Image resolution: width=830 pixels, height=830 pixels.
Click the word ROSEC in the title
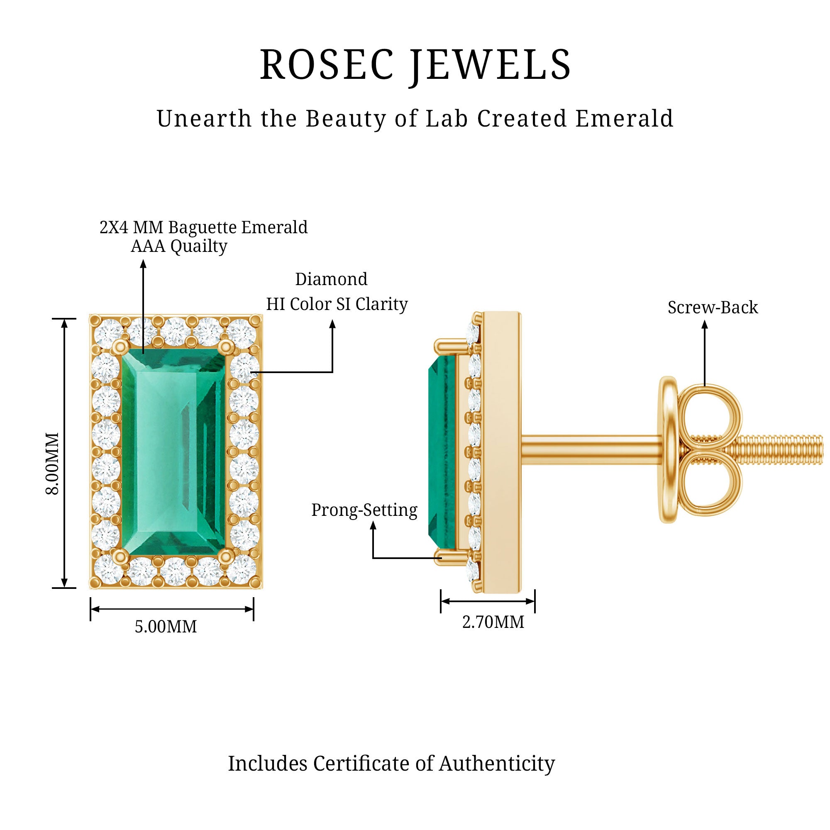pyautogui.click(x=327, y=65)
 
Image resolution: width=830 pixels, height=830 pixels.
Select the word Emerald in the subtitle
pyautogui.click(x=624, y=119)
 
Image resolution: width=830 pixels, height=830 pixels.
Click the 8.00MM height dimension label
pyautogui.click(x=52, y=464)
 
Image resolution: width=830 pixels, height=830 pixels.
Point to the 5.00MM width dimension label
pyautogui.click(x=166, y=627)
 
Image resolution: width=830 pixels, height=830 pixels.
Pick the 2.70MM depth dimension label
pyautogui.click(x=493, y=622)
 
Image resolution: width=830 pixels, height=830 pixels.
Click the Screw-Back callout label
pyautogui.click(x=713, y=308)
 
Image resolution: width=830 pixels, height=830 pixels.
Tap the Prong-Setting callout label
pyautogui.click(x=364, y=510)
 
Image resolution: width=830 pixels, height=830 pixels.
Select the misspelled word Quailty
pyautogui.click(x=199, y=247)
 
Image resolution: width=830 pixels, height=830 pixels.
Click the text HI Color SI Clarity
pyautogui.click(x=337, y=304)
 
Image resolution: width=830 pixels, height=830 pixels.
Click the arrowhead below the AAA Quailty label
pyautogui.click(x=144, y=263)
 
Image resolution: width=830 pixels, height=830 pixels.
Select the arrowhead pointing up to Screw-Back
pyautogui.click(x=705, y=325)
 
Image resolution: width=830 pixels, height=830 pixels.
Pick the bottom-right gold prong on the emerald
pyautogui.click(x=225, y=557)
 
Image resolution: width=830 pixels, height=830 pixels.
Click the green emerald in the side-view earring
pyautogui.click(x=442, y=451)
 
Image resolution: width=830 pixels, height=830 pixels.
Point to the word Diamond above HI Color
pyautogui.click(x=331, y=279)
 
